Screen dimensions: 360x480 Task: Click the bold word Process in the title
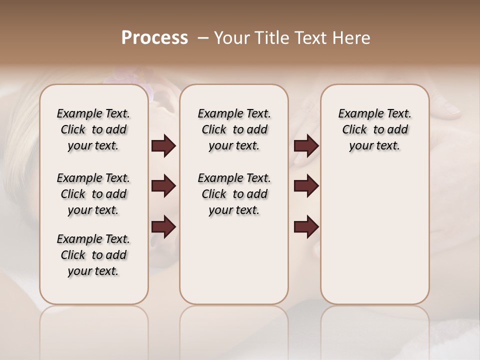154,38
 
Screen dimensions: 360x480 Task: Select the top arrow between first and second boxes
163,146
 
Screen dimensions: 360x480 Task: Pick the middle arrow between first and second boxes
163,186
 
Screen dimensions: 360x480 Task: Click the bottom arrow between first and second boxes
163,227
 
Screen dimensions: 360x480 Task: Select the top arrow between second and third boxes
306,146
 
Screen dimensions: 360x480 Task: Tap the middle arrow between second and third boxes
306,186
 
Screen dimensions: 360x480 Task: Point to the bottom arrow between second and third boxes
306,227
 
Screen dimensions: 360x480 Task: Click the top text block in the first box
93,129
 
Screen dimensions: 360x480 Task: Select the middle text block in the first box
93,194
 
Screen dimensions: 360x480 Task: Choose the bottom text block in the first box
93,255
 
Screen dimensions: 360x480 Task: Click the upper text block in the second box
234,129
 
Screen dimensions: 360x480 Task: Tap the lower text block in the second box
234,194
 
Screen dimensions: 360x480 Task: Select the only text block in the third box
375,129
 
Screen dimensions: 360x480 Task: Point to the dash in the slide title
203,38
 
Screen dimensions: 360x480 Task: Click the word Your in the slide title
231,38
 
